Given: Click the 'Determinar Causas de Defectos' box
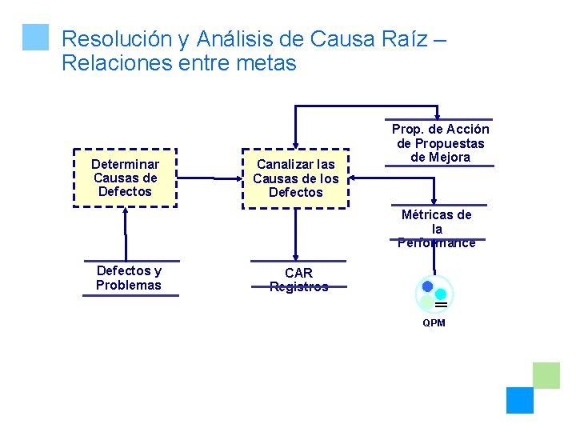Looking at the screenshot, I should (x=125, y=178).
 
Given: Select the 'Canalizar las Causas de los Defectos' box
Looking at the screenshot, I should (x=296, y=178).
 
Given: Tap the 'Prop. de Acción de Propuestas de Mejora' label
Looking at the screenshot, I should (x=441, y=143).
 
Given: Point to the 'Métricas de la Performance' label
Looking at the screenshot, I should (x=437, y=228).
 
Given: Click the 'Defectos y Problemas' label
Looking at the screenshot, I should (x=128, y=278).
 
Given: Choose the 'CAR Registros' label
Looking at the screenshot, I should (x=298, y=280).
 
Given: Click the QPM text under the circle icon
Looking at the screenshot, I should (x=434, y=323).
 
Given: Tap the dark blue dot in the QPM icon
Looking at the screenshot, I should (x=427, y=286).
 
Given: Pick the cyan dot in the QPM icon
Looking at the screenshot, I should (x=441, y=294).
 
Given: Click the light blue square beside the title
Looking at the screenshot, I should (x=36, y=37).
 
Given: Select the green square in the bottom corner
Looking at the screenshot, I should (x=546, y=375).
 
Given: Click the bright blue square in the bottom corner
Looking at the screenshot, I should (x=520, y=400).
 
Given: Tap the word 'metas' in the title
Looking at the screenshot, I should (x=266, y=63).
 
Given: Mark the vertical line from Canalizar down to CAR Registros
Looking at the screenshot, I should (x=296, y=234).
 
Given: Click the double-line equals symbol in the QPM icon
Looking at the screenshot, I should (x=440, y=305).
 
